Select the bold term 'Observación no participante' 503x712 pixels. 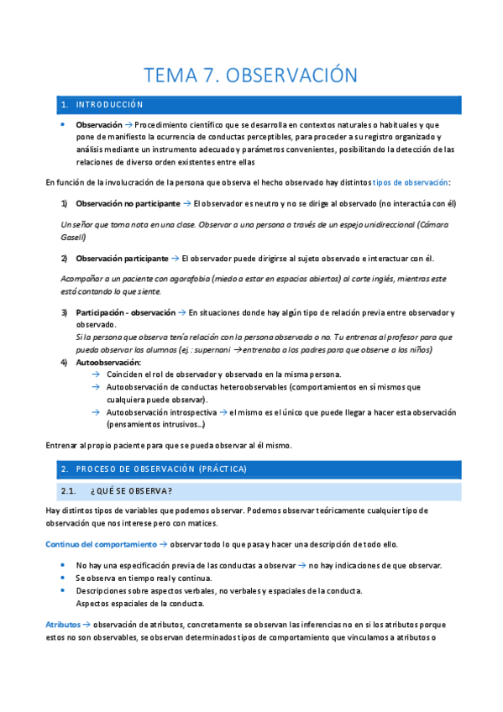pos(128,203)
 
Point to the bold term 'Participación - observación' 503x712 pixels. pos(125,313)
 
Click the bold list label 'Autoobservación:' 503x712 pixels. pos(105,362)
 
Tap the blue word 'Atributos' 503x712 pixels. pos(63,625)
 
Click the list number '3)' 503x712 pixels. pos(65,313)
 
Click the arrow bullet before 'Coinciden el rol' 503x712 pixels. pos(96,374)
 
